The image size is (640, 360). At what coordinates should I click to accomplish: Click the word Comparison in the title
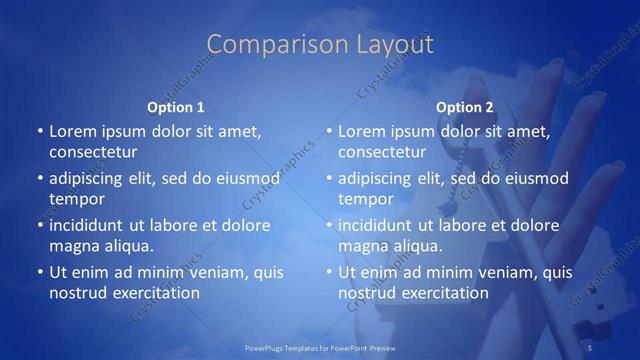pos(265,45)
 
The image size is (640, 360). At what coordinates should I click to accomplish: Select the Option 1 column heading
pos(176,107)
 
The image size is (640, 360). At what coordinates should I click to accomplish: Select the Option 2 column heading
pos(465,107)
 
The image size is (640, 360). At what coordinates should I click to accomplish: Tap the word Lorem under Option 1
pos(73,131)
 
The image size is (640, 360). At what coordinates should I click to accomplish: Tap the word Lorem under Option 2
pos(362,131)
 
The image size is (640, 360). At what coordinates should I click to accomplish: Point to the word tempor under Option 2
pos(365,199)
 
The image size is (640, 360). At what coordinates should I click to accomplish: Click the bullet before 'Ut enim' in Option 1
pos(39,272)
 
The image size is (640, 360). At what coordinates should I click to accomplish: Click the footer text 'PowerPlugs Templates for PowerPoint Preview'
pos(320,347)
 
